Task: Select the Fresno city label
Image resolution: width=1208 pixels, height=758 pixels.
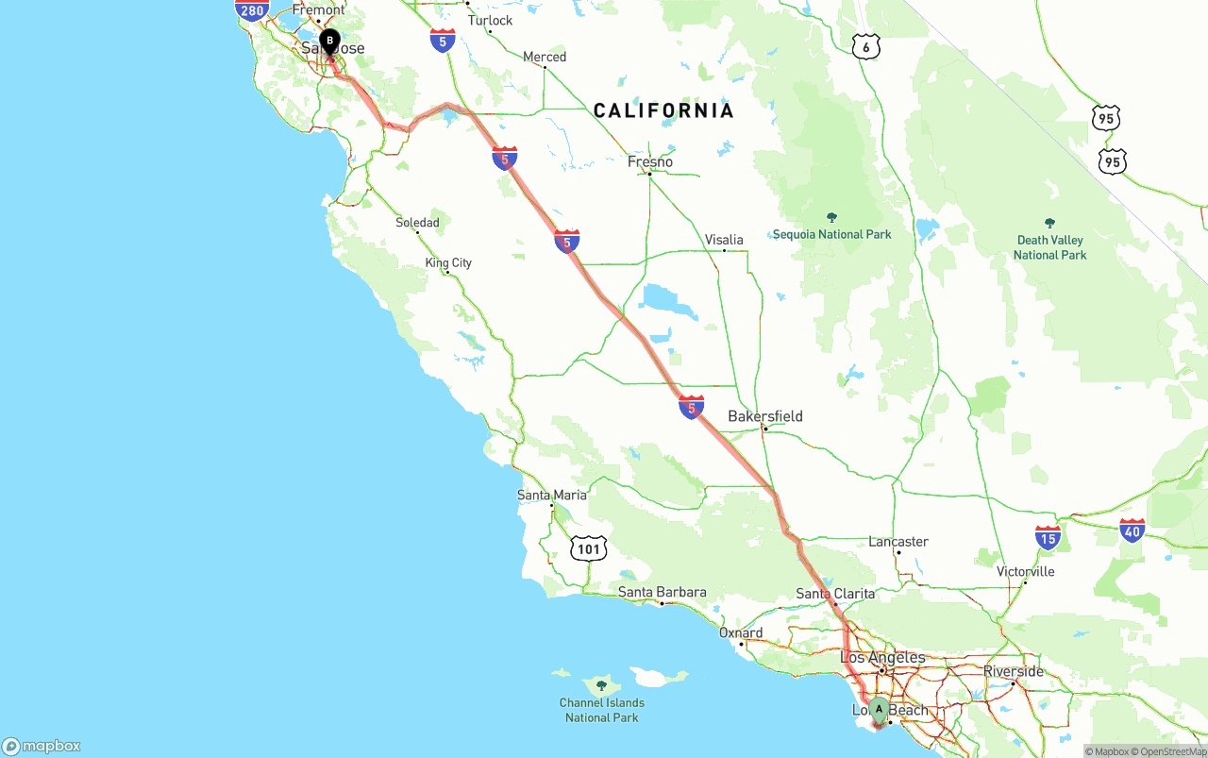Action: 650,162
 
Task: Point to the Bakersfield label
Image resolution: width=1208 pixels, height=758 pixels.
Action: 765,416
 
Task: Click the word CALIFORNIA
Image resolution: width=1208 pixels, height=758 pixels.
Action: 663,110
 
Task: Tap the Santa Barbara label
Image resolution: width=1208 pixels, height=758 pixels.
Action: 662,593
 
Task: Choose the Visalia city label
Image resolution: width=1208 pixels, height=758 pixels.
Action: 724,240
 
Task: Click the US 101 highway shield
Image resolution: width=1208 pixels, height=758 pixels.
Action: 588,547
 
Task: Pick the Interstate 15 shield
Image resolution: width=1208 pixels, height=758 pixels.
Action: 1048,538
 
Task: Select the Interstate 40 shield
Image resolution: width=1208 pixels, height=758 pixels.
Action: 1132,531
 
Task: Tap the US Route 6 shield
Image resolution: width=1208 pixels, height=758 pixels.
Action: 865,47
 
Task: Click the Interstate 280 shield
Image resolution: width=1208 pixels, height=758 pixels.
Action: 252,9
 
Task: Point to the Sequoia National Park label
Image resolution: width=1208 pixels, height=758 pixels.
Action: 831,234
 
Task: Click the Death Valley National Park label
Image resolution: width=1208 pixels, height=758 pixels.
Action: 1049,247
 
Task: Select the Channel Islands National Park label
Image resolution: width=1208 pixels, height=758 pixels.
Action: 602,710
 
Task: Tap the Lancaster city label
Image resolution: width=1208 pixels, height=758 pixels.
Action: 898,542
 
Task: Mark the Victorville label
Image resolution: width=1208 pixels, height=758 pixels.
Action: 1025,572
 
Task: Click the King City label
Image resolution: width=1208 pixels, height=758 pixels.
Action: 448,263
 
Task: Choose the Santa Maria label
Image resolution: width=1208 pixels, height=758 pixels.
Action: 551,496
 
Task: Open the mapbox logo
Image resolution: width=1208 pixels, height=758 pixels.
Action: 42,747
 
